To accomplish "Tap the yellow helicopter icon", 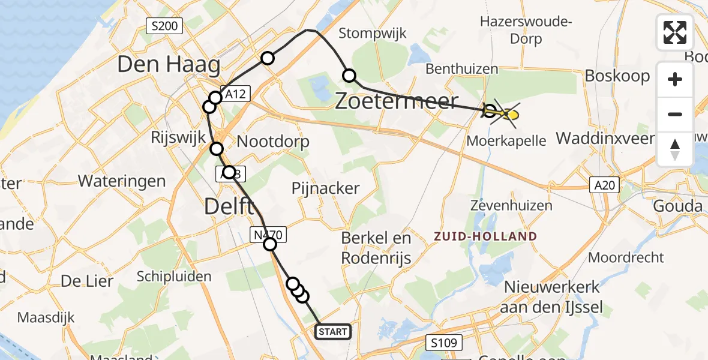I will tap(505, 113).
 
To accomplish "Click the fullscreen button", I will tap(675, 32).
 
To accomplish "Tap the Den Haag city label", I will tap(169, 65).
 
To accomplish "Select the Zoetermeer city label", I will tap(396, 102).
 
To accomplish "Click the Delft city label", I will tap(227, 206).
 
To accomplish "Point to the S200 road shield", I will tap(164, 26).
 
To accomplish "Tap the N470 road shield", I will tap(266, 235).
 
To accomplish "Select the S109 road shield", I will tap(445, 343).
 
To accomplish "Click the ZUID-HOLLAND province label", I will tap(485, 236).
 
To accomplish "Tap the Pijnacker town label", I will tap(325, 188).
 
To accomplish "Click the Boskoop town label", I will tap(617, 76).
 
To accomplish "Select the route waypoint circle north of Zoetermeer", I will tap(349, 76).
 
